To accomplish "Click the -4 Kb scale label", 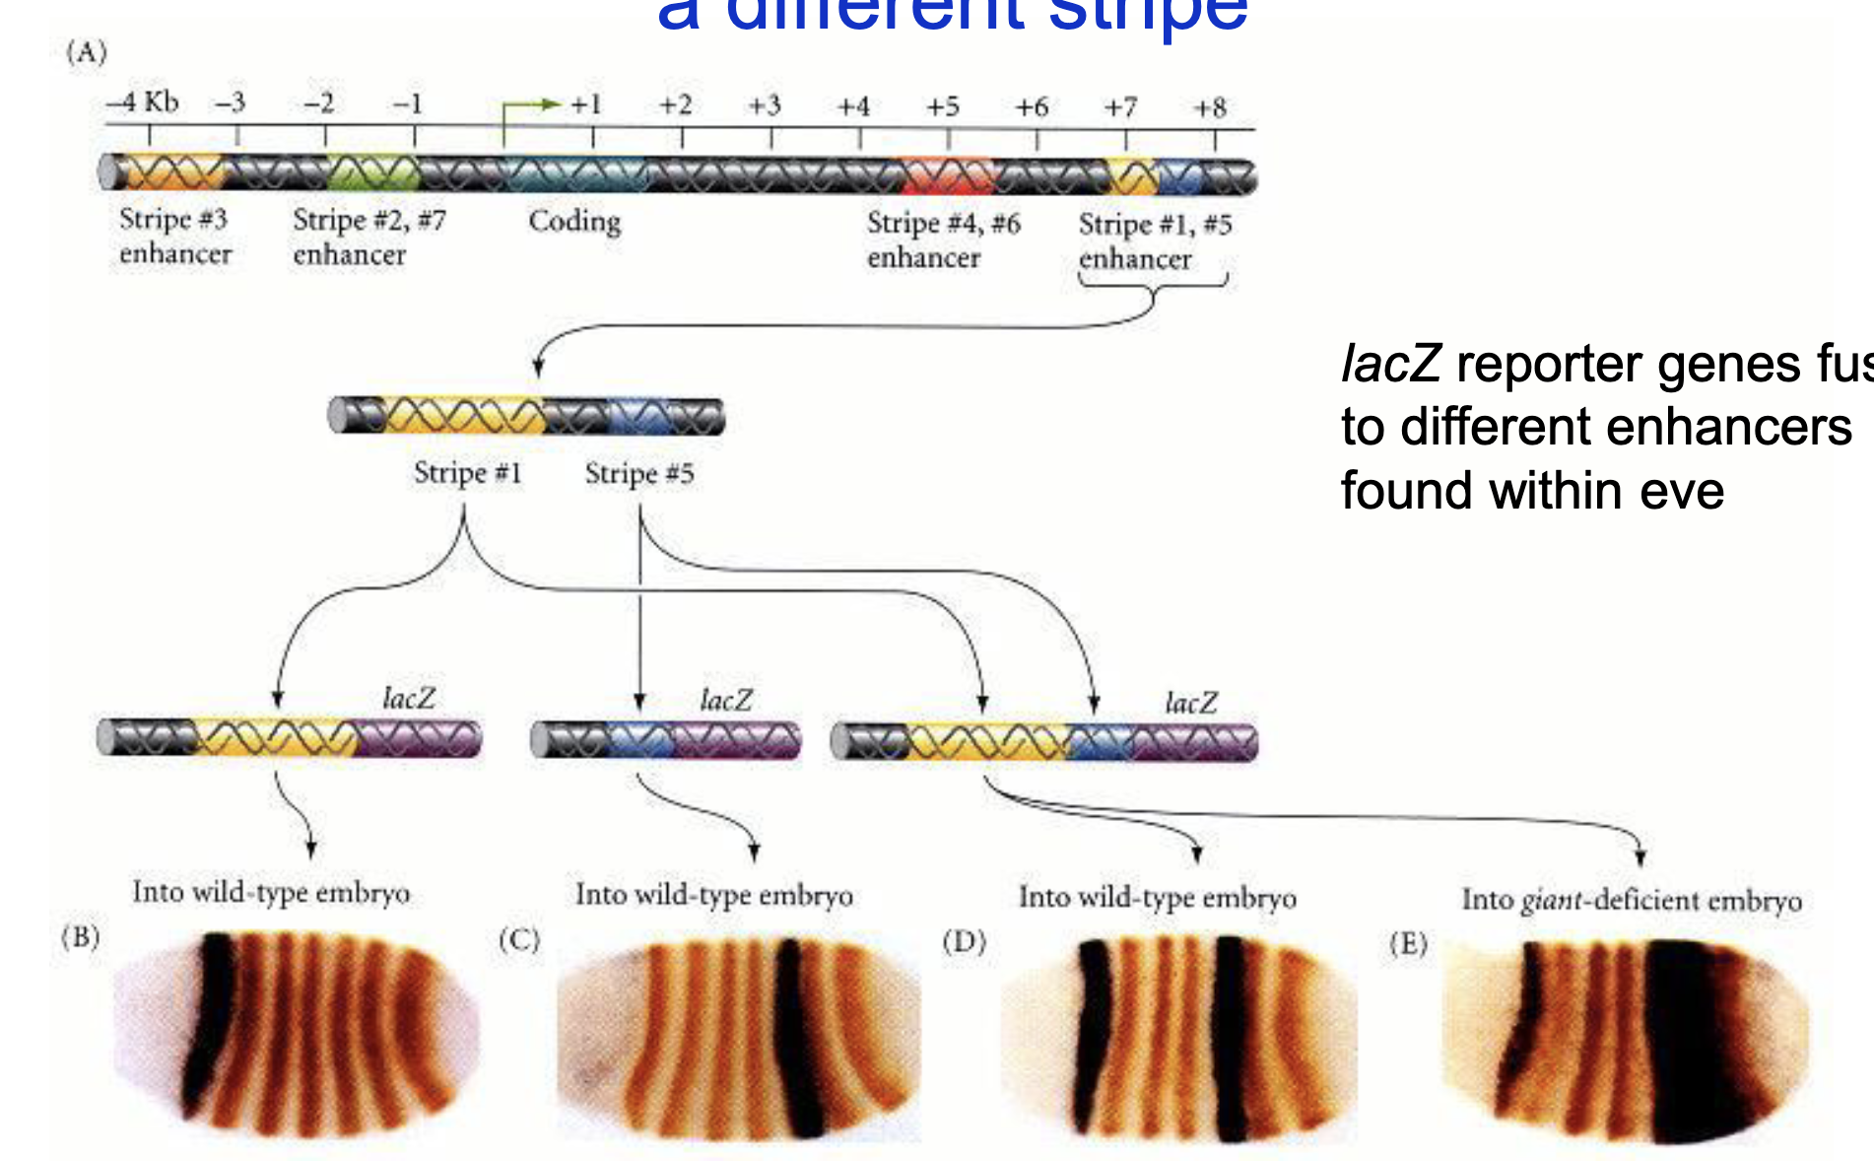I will click(144, 102).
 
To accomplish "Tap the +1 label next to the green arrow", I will click(586, 104).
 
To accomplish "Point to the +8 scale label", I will click(1210, 107).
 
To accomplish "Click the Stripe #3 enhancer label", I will click(174, 237).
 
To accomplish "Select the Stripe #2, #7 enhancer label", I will click(368, 238).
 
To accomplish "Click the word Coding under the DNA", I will click(574, 221).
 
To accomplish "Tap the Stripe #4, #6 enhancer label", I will click(943, 239).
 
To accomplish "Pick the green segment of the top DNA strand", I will click(373, 173).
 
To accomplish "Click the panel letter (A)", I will click(87, 51).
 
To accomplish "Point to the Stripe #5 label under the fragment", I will click(639, 474).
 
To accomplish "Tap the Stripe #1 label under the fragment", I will click(467, 473).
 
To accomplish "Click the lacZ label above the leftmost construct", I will click(409, 699).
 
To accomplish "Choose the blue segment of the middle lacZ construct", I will click(640, 740).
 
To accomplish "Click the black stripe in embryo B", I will click(211, 1015).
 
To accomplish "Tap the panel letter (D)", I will click(964, 941).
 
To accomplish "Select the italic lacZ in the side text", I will click(1391, 364).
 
